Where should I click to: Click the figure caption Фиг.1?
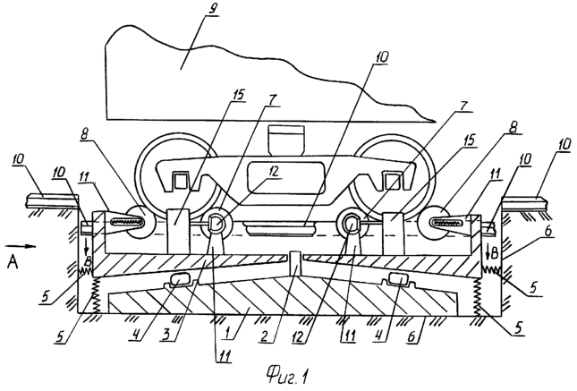click(286, 377)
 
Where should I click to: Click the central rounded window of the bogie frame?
click(286, 177)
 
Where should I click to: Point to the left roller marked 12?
click(216, 225)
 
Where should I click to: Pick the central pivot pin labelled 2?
click(294, 264)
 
